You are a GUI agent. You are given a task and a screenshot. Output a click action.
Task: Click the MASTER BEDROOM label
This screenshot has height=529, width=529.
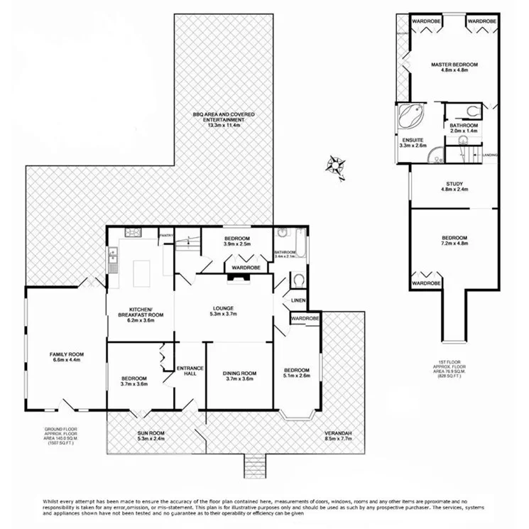click(x=454, y=65)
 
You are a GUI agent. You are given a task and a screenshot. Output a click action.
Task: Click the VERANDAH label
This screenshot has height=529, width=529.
click(x=339, y=432)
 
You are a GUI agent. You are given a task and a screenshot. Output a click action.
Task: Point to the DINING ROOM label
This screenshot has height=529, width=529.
click(x=239, y=373)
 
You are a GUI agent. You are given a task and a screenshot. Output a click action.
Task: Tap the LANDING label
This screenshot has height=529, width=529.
click(x=490, y=154)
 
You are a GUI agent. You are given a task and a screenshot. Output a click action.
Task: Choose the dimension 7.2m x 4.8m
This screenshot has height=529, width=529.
click(x=454, y=244)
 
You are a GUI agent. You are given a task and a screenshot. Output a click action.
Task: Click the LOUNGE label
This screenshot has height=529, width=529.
click(x=224, y=308)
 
